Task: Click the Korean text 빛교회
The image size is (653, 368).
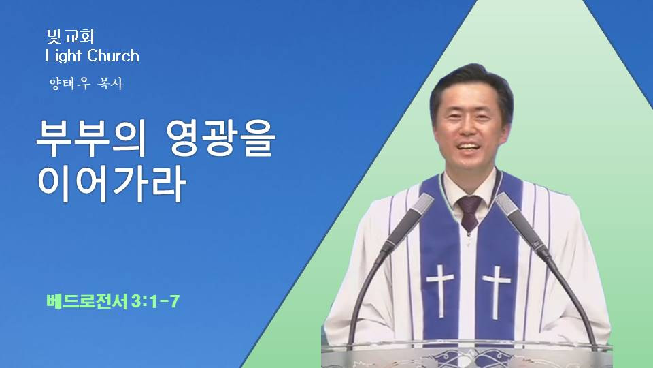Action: [70, 36]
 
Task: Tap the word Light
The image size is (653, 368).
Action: [63, 56]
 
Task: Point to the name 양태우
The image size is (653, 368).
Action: [70, 83]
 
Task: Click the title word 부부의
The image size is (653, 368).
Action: [91, 139]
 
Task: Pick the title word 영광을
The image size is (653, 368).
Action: [221, 139]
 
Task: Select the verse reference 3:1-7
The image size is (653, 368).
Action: [155, 301]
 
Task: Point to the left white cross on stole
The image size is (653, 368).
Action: [440, 289]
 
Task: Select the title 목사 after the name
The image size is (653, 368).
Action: [110, 83]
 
